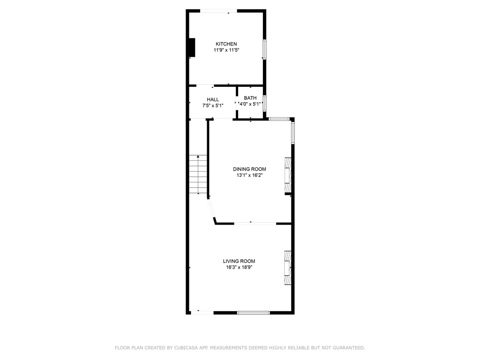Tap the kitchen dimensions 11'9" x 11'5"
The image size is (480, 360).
pyautogui.click(x=226, y=50)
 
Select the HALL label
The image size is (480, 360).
pyautogui.click(x=213, y=99)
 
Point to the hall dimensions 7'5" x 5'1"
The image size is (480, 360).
pyautogui.click(x=213, y=105)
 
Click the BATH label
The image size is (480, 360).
pyautogui.click(x=250, y=98)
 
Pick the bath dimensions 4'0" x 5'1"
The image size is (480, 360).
pyautogui.click(x=250, y=104)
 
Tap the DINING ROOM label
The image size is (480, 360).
pyautogui.click(x=249, y=169)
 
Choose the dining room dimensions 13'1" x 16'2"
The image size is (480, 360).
pyautogui.click(x=250, y=175)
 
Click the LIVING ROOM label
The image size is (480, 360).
pyautogui.click(x=239, y=261)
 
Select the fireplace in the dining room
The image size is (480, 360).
pyautogui.click(x=287, y=175)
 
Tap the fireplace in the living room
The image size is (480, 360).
pyautogui.click(x=287, y=267)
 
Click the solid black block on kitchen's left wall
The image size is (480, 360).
pyautogui.click(x=191, y=47)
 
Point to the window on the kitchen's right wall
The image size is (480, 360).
pyautogui.click(x=264, y=49)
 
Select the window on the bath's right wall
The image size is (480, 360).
pyautogui.click(x=264, y=103)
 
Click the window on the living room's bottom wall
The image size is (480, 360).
pyautogui.click(x=253, y=312)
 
